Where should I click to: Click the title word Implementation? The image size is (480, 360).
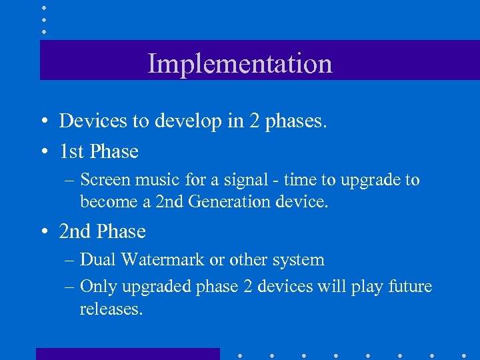(239, 64)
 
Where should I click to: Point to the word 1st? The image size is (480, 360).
(71, 151)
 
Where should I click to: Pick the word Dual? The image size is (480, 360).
(98, 260)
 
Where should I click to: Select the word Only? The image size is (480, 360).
(98, 287)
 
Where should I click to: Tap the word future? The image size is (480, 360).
(407, 287)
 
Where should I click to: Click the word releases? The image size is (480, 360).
(111, 309)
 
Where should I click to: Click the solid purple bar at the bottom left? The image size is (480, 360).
(127, 354)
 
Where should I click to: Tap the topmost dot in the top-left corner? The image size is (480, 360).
(44, 7)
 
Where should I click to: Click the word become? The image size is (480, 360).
(106, 201)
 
